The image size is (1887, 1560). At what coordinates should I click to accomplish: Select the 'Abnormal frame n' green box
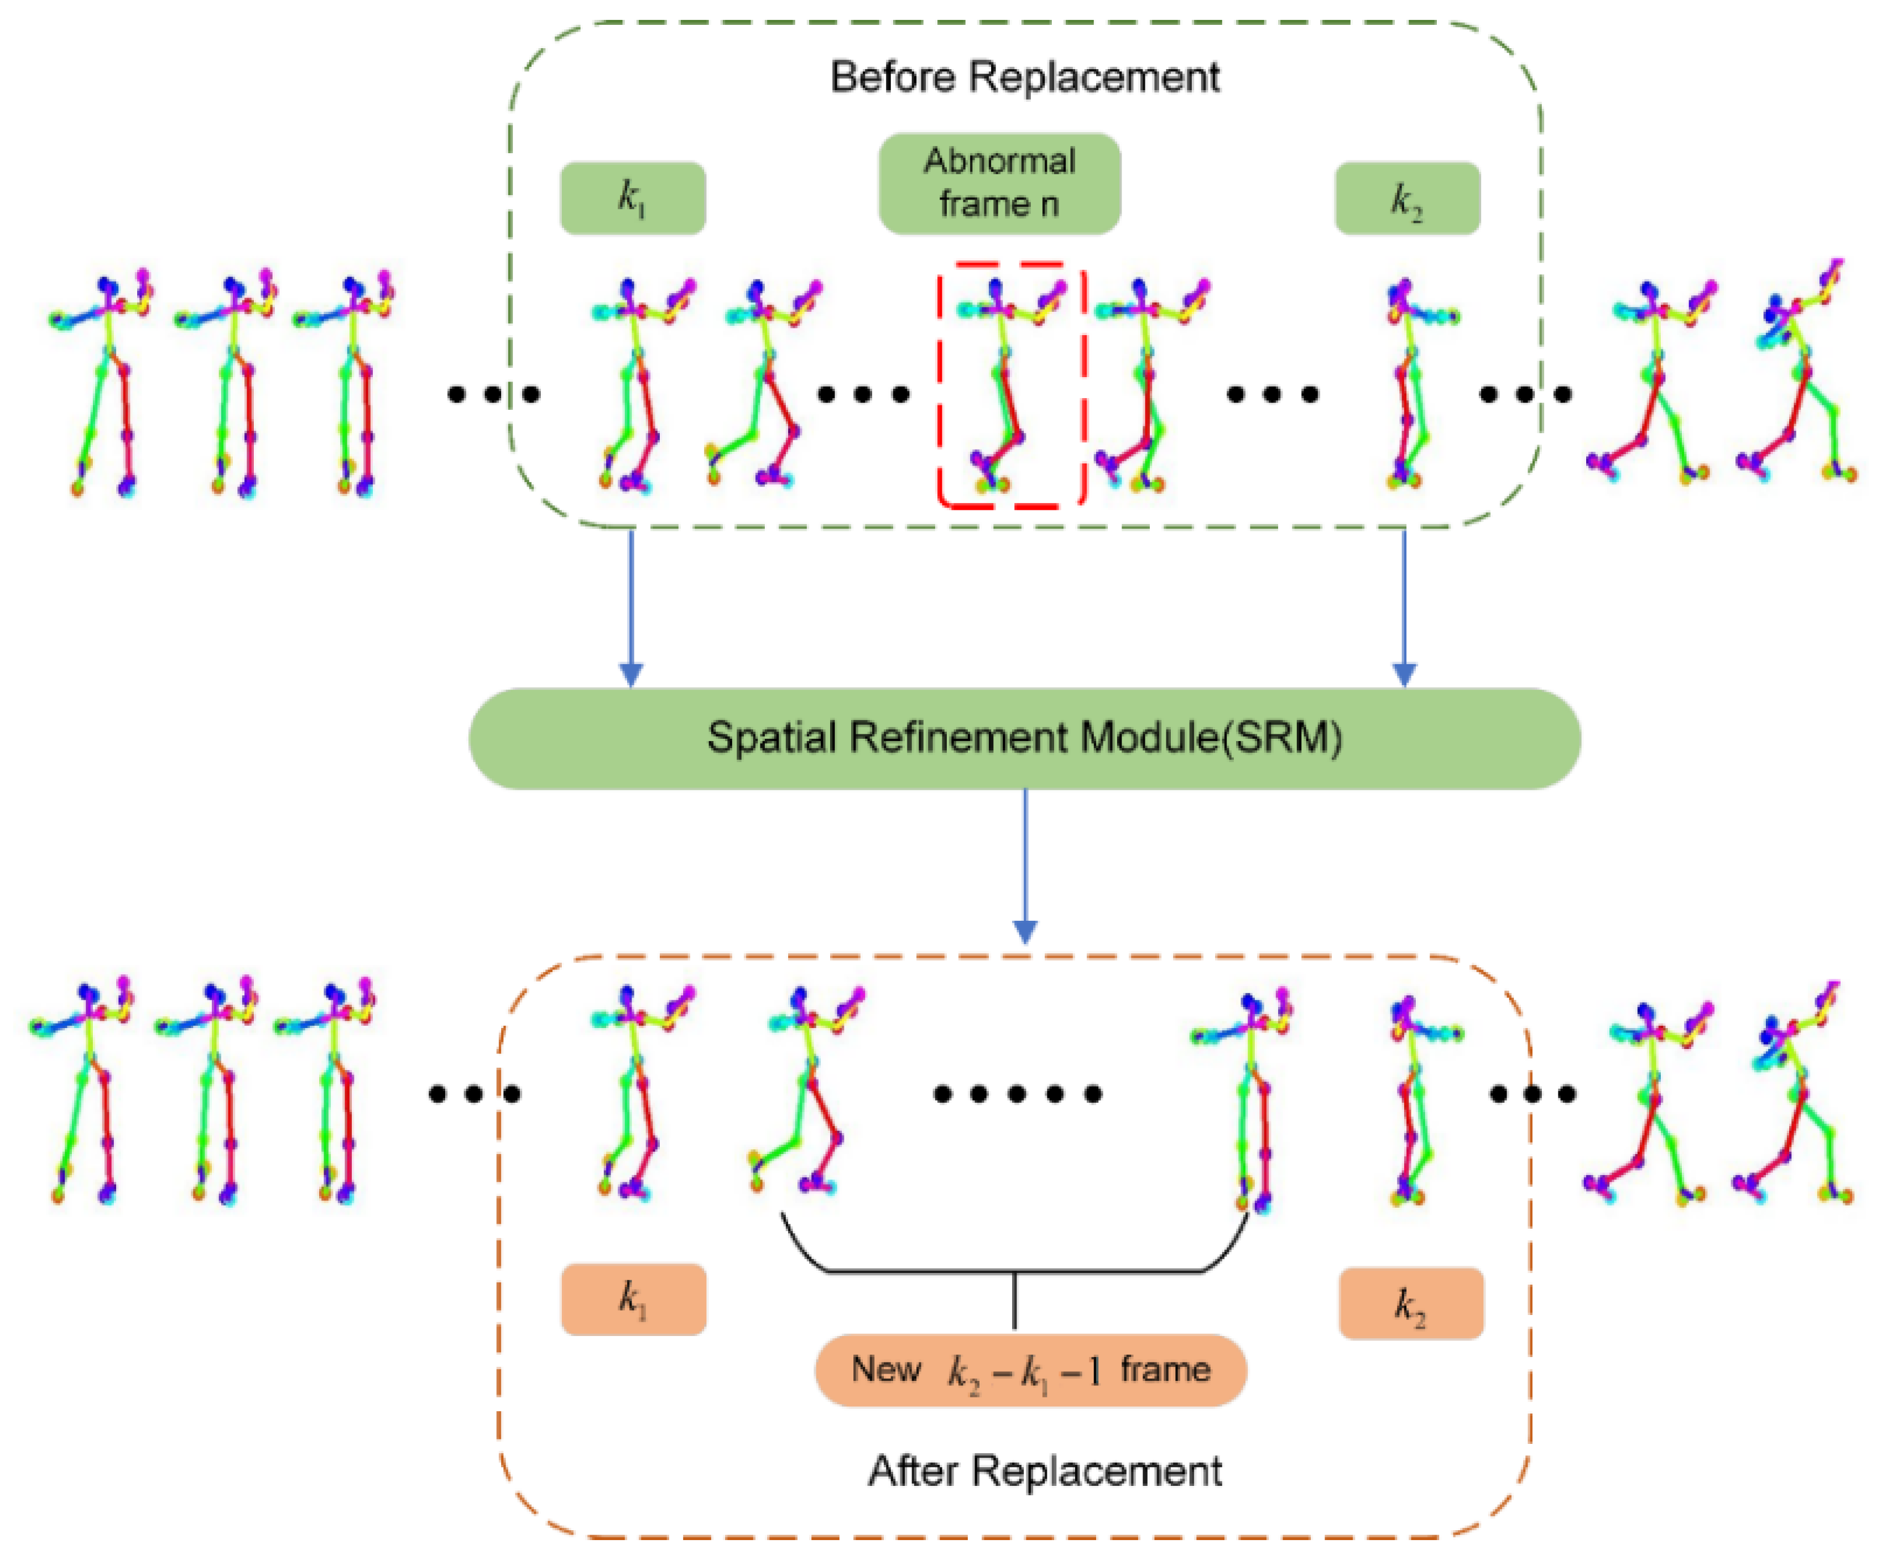tap(999, 184)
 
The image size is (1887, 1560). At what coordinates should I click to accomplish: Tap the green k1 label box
tap(633, 198)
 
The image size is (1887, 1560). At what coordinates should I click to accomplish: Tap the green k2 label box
tap(1407, 198)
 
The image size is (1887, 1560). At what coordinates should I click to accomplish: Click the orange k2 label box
tap(1411, 1302)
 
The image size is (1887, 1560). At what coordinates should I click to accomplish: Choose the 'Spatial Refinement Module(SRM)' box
tap(1024, 738)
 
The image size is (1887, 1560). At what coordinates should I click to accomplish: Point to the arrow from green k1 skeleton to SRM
tap(632, 611)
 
